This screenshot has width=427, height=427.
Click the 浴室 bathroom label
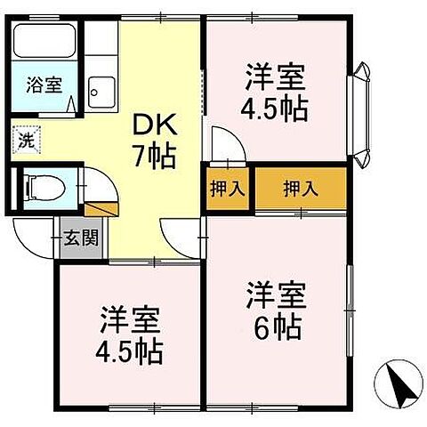tap(43, 86)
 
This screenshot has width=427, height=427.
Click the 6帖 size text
tap(278, 325)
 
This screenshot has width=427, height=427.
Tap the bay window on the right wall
tap(363, 111)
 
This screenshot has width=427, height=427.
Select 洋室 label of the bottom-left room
tap(130, 317)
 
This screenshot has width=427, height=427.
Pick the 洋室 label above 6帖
tap(277, 293)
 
